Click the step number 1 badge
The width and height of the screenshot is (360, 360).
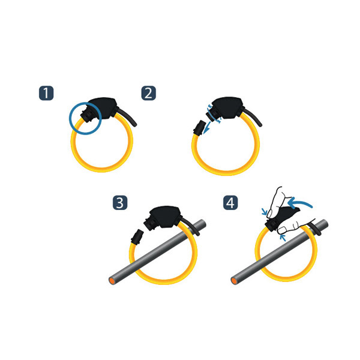point(46,93)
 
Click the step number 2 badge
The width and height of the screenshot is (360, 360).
point(149,93)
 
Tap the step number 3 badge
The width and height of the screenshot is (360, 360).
point(120,203)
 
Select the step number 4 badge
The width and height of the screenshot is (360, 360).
point(230,203)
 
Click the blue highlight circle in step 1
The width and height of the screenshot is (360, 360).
point(70,118)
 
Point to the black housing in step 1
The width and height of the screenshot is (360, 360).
point(102,109)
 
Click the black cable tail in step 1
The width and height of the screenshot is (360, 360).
point(128,116)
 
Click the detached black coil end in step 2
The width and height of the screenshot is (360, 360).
point(199,127)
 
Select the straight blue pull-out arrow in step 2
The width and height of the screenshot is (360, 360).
point(208,127)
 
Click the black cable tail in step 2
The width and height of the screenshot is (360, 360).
point(253,117)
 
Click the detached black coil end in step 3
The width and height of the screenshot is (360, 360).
point(137,236)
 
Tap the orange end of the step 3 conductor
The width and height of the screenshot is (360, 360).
point(112,281)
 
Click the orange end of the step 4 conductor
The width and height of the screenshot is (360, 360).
point(235,281)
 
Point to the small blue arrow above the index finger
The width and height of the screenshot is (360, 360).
point(265,211)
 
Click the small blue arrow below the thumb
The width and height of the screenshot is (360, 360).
point(283,238)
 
